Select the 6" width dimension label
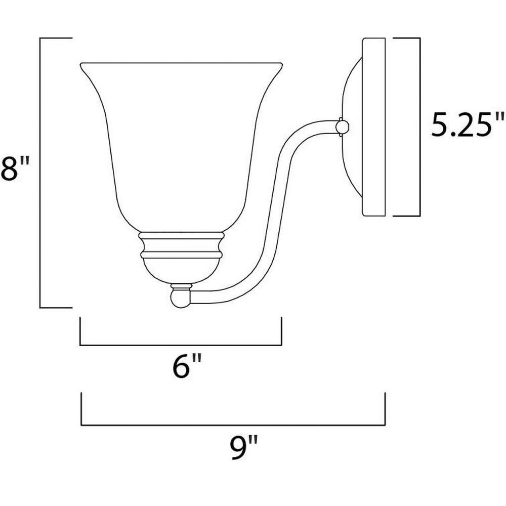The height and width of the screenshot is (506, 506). click(187, 366)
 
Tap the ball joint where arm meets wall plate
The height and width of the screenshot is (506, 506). click(342, 126)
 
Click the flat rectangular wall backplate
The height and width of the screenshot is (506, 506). click(374, 127)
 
